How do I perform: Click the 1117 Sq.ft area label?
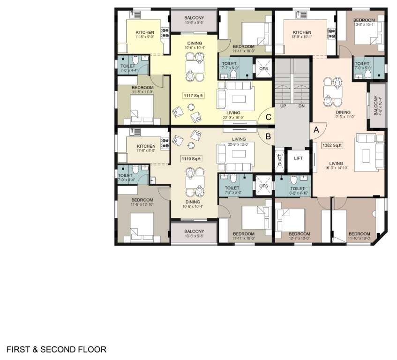pyautogui.click(x=193, y=96)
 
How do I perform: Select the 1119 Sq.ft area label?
pyautogui.click(x=191, y=159)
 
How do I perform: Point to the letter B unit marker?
pyautogui.click(x=268, y=136)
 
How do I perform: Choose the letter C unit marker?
pyautogui.click(x=268, y=118)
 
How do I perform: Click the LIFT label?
pyautogui.click(x=299, y=158)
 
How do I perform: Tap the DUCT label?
pyautogui.click(x=280, y=159)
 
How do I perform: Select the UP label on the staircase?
pyautogui.click(x=283, y=106)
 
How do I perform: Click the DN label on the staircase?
pyautogui.click(x=301, y=106)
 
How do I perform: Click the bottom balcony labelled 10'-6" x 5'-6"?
pyautogui.click(x=194, y=233)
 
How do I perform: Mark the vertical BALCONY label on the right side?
pyautogui.click(x=377, y=106)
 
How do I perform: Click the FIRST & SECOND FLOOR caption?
pyautogui.click(x=56, y=350)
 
